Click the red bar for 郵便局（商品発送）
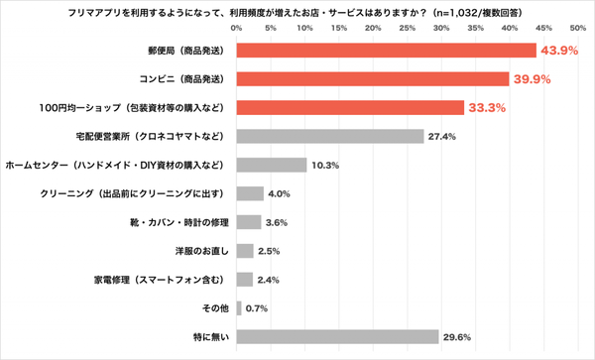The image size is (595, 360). (387, 51)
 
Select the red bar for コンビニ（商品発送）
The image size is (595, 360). (373, 79)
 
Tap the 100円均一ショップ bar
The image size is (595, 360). (350, 108)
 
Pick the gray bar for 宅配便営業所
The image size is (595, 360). (330, 136)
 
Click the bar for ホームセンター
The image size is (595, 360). (272, 165)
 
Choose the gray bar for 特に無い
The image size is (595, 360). (338, 337)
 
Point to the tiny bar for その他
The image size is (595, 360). (239, 308)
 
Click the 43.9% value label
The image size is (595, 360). (559, 51)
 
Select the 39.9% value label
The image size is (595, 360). (532, 79)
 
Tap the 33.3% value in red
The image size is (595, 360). (487, 108)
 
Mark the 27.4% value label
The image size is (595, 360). (441, 137)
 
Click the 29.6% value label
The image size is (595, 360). (457, 337)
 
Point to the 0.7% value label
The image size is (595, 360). (257, 308)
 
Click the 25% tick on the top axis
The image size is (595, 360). (408, 28)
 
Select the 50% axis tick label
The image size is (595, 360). (578, 28)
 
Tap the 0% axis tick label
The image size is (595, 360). (236, 28)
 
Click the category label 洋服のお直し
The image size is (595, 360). (202, 251)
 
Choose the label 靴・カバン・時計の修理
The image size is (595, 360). (179, 222)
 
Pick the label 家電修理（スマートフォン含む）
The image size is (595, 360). (160, 280)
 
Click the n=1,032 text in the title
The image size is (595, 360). (456, 13)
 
